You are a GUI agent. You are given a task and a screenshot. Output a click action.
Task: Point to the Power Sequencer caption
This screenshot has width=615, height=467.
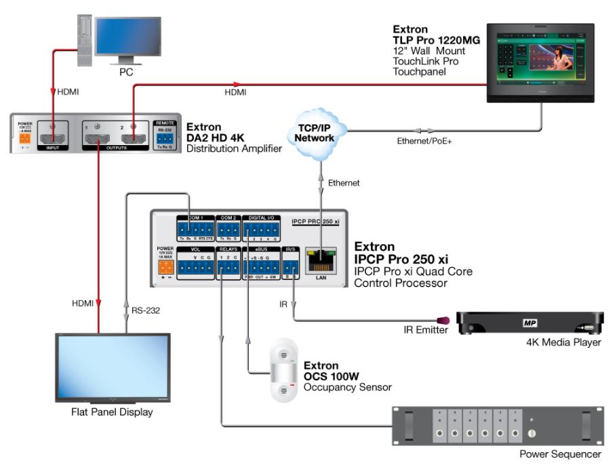pos(560,453)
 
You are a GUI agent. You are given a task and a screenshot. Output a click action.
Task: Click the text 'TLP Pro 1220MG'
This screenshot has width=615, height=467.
pos(436,41)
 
